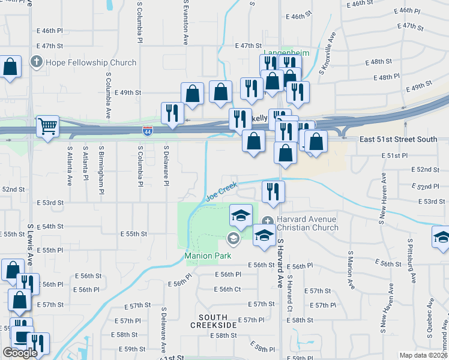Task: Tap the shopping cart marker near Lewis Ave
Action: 47,127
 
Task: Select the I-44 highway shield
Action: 148,130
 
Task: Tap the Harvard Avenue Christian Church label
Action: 308,223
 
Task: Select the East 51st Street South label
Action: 398,139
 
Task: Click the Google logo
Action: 20,353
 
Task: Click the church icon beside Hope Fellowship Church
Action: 37,62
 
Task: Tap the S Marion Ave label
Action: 349,265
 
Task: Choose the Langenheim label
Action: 287,53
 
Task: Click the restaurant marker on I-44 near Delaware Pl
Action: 172,114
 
